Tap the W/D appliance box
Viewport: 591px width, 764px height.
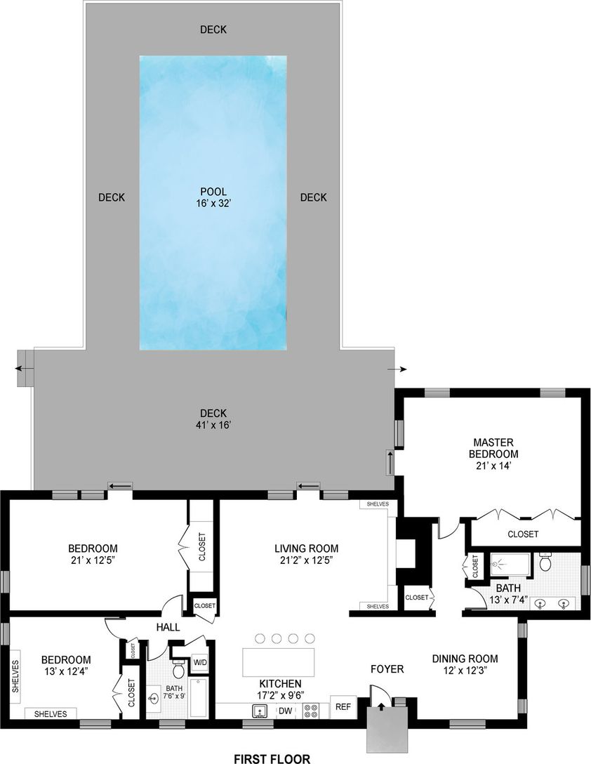tap(200, 662)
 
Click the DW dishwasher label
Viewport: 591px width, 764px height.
tap(286, 711)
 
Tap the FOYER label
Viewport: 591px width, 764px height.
tap(387, 669)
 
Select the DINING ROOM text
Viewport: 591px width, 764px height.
tap(465, 659)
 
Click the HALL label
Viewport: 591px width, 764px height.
tap(168, 627)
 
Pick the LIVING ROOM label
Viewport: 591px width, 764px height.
tap(306, 548)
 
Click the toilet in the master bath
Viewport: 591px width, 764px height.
tap(547, 562)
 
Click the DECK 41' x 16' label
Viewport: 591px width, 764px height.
tap(212, 419)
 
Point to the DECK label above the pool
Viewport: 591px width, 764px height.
tap(213, 29)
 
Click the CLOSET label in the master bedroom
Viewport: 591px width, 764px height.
tap(523, 534)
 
